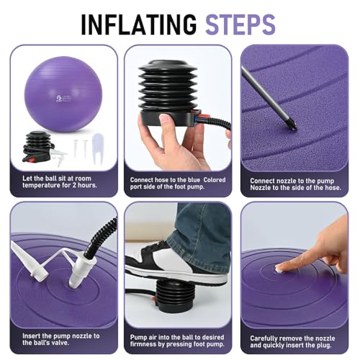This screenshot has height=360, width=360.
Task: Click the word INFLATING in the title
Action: (x=139, y=24)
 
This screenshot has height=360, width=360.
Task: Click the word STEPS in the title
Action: (x=240, y=24)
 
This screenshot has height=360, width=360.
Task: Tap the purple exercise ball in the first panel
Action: (x=63, y=94)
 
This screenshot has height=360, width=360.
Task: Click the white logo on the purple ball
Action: (x=54, y=99)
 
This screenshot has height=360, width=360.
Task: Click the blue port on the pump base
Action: (x=197, y=118)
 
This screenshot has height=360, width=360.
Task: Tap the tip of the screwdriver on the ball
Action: (x=294, y=127)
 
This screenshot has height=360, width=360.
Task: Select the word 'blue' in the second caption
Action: (x=194, y=180)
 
